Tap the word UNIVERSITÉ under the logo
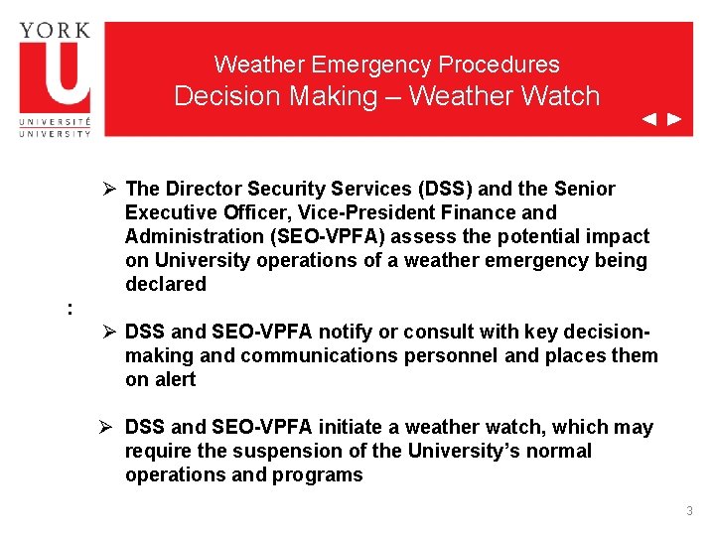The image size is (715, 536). click(x=55, y=120)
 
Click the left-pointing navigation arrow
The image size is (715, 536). click(x=648, y=120)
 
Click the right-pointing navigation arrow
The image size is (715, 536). click(x=674, y=120)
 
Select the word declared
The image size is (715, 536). click(x=166, y=284)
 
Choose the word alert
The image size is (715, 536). click(x=175, y=379)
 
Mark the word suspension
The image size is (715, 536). click(x=254, y=451)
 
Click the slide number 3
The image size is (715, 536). click(x=689, y=511)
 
